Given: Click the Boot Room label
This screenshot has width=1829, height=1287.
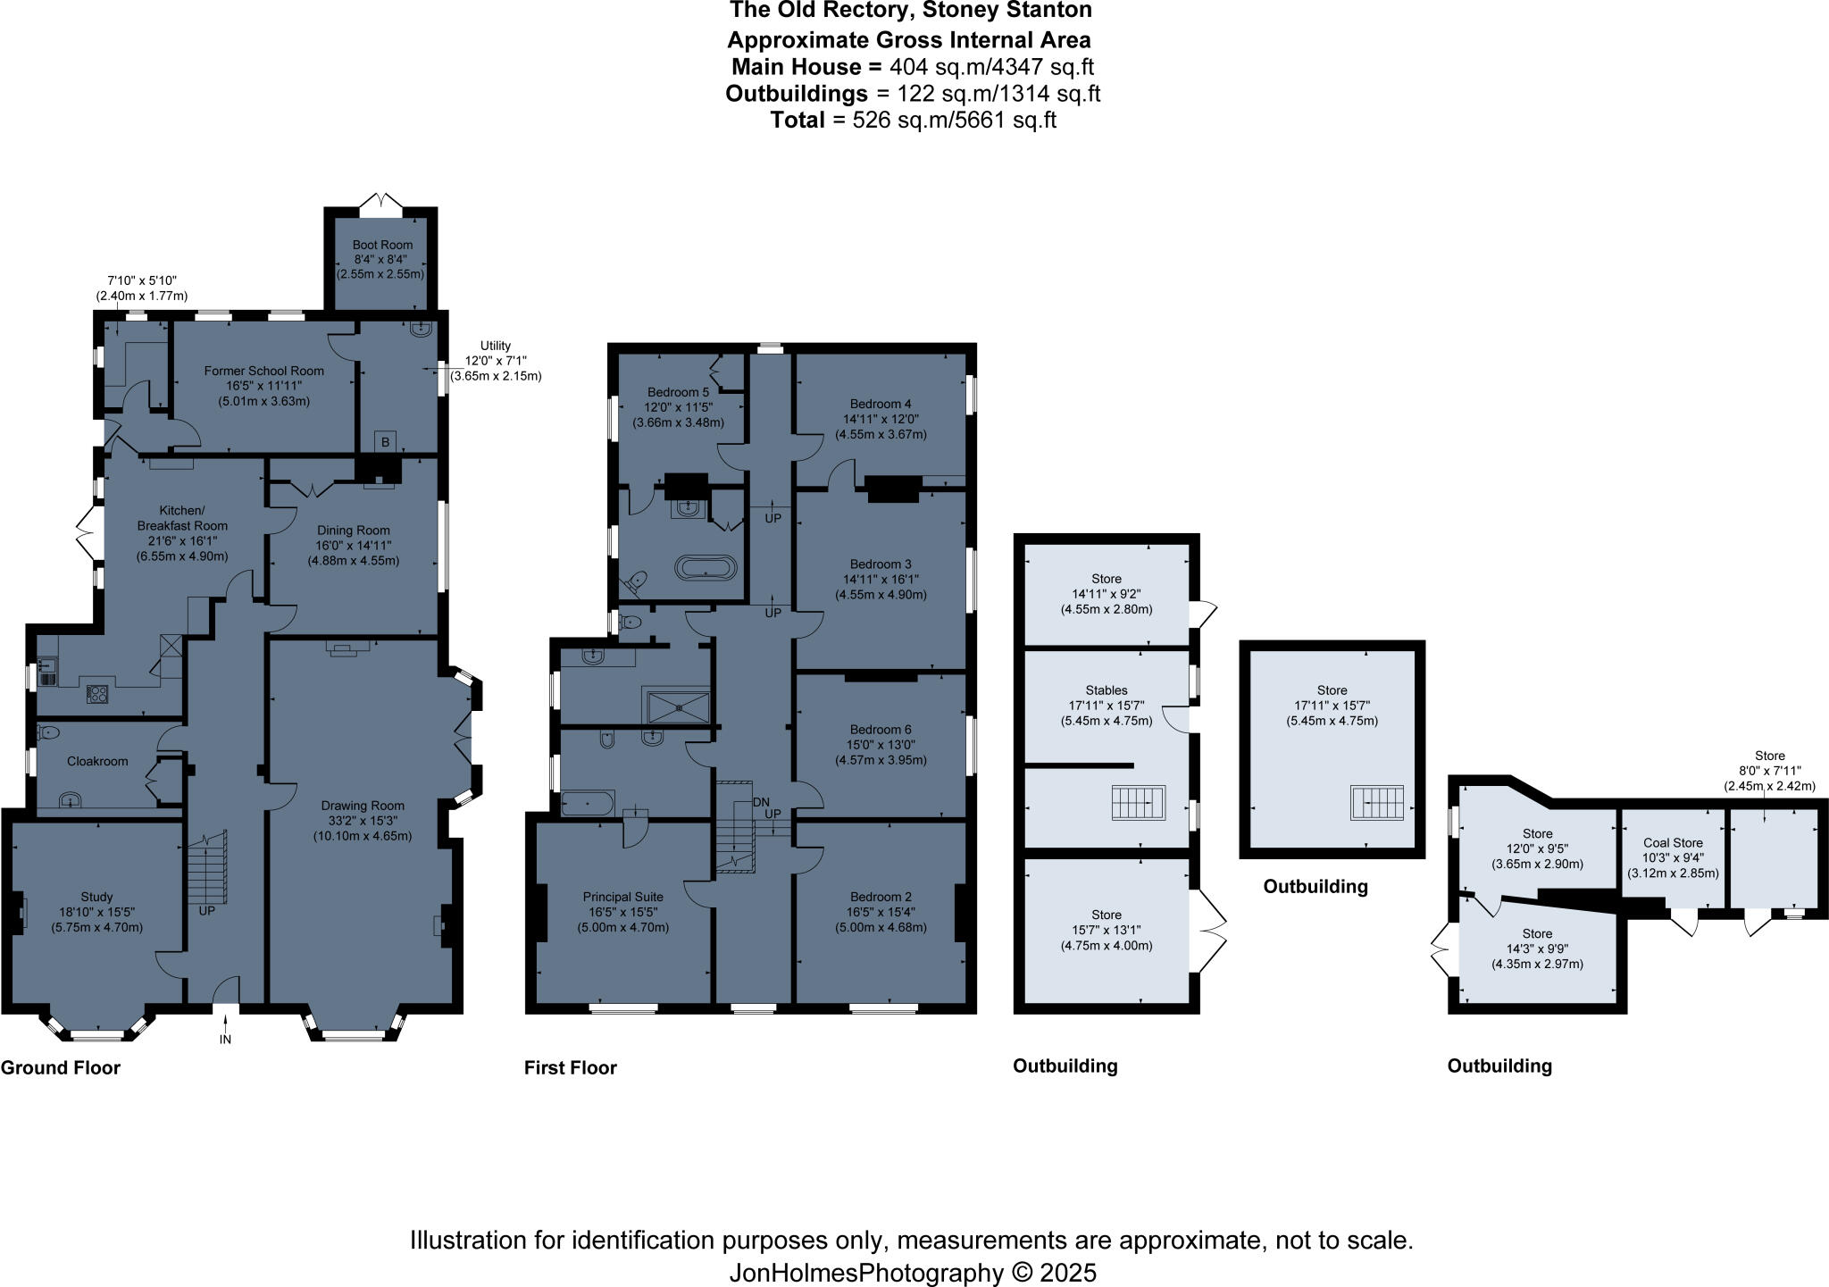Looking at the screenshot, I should (382, 245).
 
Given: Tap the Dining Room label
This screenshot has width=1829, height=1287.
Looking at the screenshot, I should (353, 531).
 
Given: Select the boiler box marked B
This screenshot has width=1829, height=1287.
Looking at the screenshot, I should (386, 441).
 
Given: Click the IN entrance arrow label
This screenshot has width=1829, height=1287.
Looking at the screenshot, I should (225, 1040).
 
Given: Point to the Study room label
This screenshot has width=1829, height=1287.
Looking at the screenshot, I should (96, 897).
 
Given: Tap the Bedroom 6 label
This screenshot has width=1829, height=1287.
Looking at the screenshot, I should (881, 730).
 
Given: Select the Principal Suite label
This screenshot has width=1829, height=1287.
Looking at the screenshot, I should (623, 897).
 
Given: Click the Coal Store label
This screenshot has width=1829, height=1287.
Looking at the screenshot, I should (1673, 842).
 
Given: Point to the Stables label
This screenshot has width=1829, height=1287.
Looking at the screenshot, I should (1107, 690).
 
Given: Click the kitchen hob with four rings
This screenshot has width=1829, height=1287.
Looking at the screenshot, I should (97, 693).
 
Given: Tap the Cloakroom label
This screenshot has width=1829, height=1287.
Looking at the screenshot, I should (97, 762).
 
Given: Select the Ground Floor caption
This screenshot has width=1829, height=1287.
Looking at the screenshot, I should (61, 1067).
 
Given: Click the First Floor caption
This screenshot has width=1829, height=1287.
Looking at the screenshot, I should (571, 1067).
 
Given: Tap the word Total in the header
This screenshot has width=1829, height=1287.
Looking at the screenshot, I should (798, 121).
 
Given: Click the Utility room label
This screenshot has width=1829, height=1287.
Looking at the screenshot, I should (496, 346).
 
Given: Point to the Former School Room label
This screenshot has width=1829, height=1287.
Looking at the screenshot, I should (263, 371).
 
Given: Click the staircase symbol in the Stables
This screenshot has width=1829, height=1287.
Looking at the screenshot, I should (1140, 802).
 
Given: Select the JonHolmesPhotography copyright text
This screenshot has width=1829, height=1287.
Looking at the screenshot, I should (912, 1272).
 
